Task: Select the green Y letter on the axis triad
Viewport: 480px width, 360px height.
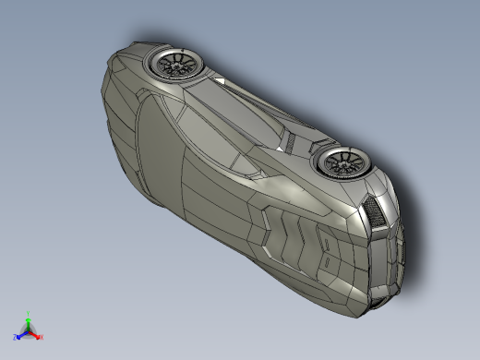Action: tap(29, 313)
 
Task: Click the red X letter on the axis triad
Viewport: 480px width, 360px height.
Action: tap(42, 337)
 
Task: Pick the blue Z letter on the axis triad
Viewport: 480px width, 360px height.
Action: tap(16, 337)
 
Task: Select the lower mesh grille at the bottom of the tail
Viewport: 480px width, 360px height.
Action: tap(380, 297)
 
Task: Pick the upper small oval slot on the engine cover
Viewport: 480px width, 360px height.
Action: tap(325, 242)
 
